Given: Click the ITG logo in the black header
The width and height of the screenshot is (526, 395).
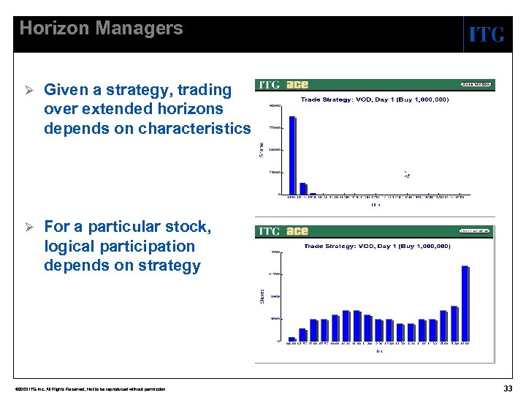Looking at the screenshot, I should coord(486,34).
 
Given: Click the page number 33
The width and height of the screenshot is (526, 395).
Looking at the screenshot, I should coord(508,388).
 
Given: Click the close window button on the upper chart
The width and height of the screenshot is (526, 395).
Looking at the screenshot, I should coord(476,84).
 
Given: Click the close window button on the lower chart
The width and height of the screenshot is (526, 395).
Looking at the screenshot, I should coord(475,230).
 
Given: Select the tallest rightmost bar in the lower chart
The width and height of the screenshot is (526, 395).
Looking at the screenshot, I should coord(465,303).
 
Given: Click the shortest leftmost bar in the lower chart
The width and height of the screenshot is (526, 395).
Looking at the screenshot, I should coord(292,339).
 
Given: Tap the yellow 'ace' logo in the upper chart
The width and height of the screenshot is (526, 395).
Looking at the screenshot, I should coord(297,85).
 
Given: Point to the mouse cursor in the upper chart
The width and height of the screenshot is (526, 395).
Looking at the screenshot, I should coord(407,174).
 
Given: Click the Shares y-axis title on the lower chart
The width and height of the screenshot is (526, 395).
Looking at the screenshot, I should coord(263,296).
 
